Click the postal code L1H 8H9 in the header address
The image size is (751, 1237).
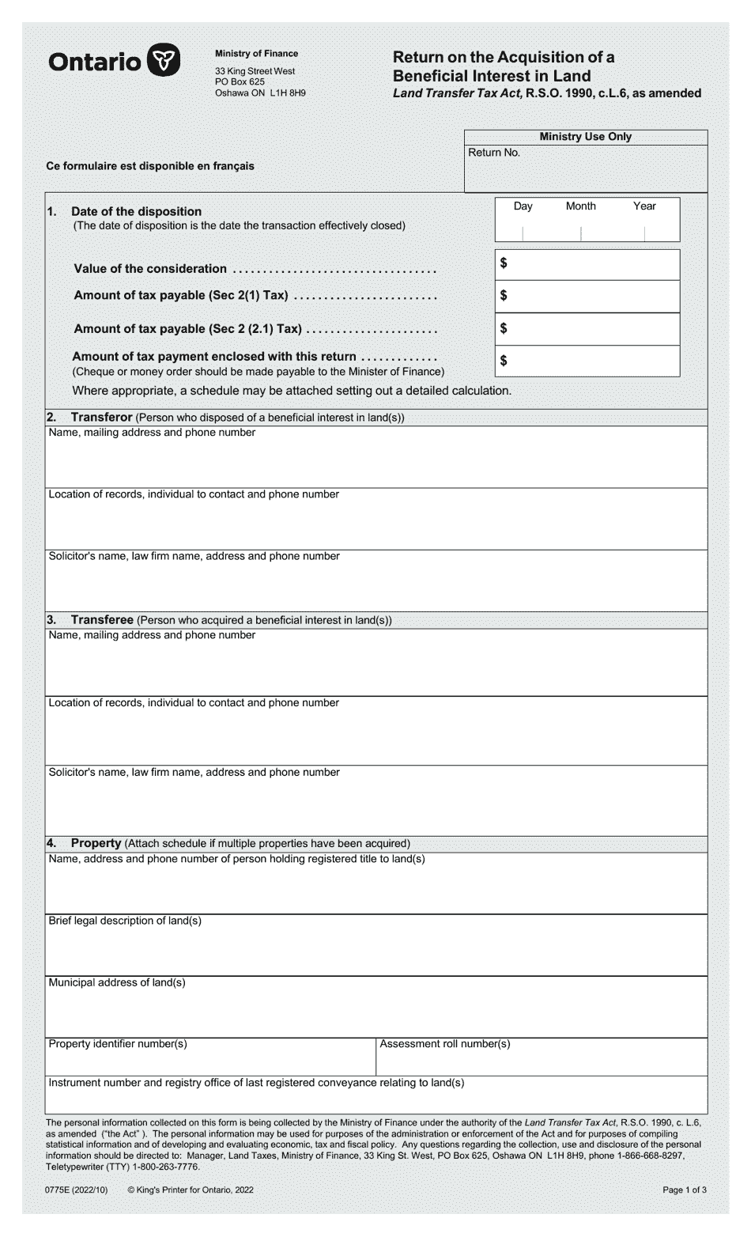(288, 93)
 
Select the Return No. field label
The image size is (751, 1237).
(494, 153)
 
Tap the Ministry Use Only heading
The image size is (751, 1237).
(585, 136)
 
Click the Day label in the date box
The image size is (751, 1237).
(523, 206)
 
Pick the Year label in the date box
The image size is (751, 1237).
(644, 206)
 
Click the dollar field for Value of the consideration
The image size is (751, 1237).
(589, 264)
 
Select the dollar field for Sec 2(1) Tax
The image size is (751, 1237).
(589, 297)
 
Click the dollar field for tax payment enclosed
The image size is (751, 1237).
(589, 361)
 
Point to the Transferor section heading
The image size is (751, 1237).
(101, 417)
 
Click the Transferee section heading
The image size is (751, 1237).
(101, 620)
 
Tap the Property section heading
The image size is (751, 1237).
(96, 843)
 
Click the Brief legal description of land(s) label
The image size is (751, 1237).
(125, 921)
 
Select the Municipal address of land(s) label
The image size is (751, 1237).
(117, 982)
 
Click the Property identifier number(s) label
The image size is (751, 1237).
(118, 1044)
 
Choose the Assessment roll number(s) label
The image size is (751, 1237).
(445, 1044)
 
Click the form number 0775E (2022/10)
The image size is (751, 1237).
(77, 1190)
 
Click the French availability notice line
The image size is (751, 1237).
(150, 166)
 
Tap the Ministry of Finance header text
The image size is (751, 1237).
(256, 54)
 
